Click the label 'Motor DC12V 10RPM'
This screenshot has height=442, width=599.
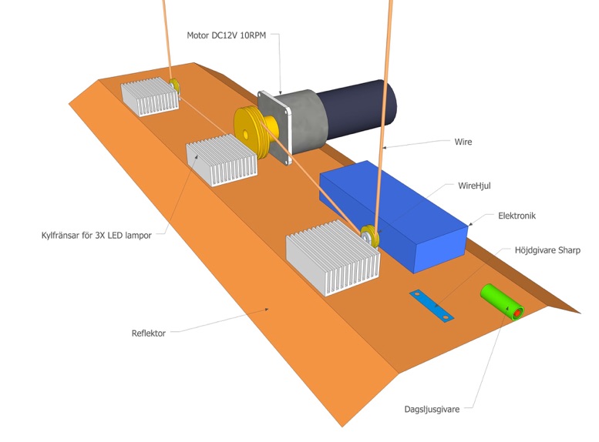[x=226, y=35]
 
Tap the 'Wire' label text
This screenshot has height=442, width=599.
[x=463, y=142]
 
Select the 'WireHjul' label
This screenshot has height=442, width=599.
[x=474, y=186]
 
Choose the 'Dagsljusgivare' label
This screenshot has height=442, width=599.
[x=432, y=409]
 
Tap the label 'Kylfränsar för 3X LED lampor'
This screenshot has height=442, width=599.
[x=96, y=235]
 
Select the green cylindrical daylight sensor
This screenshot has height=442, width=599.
[x=501, y=301]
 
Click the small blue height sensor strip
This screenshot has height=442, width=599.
[x=432, y=306]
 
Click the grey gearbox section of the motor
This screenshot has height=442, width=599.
[x=305, y=119]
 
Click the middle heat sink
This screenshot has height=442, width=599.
[x=222, y=159]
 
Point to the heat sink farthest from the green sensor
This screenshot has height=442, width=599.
[x=151, y=96]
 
